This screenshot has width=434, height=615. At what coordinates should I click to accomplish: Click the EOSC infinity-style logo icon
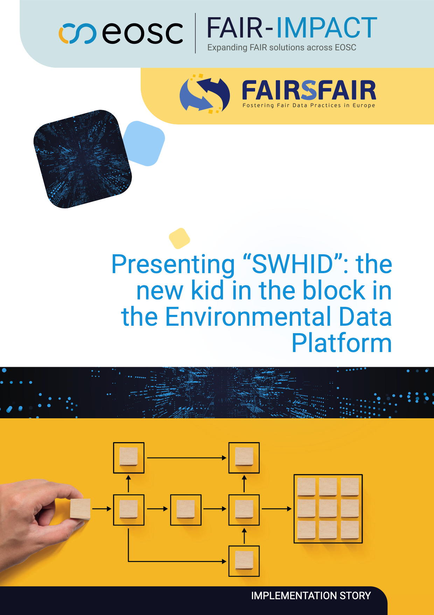click(x=77, y=34)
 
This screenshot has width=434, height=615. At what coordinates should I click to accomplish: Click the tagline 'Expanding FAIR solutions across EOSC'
click(x=282, y=47)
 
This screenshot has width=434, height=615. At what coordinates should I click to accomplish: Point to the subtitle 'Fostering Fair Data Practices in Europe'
click(x=309, y=105)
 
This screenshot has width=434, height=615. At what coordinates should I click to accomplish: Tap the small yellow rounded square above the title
click(x=180, y=238)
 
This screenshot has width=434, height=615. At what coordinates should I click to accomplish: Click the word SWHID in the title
click(x=292, y=264)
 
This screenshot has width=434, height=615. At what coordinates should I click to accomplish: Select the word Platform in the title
click(x=342, y=343)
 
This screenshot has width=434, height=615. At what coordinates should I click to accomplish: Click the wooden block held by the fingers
click(x=80, y=509)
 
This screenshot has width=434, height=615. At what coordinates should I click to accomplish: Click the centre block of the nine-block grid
click(x=328, y=508)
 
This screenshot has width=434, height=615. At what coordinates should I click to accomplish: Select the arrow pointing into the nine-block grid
click(x=276, y=509)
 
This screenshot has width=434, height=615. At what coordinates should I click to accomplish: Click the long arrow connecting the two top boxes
click(x=187, y=458)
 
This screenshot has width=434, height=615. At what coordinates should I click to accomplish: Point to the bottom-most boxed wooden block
click(x=244, y=561)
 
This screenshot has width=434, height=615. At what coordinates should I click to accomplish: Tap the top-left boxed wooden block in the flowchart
click(x=128, y=458)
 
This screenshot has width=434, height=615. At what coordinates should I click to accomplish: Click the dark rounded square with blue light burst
click(x=83, y=159)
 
